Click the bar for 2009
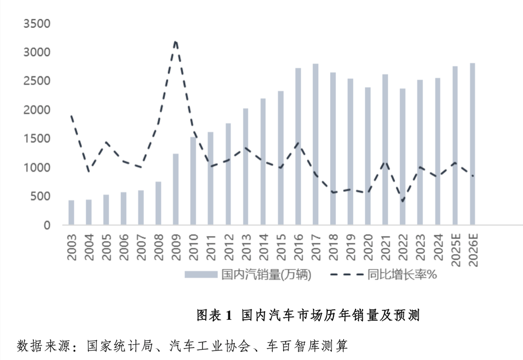176,189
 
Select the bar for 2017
316,144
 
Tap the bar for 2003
71,212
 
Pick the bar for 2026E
472,144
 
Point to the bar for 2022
403,157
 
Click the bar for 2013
246,167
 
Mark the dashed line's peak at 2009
176,41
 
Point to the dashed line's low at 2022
403,201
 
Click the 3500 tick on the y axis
37,24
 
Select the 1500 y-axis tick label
37,139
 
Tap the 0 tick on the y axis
47,225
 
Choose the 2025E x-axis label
455,250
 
